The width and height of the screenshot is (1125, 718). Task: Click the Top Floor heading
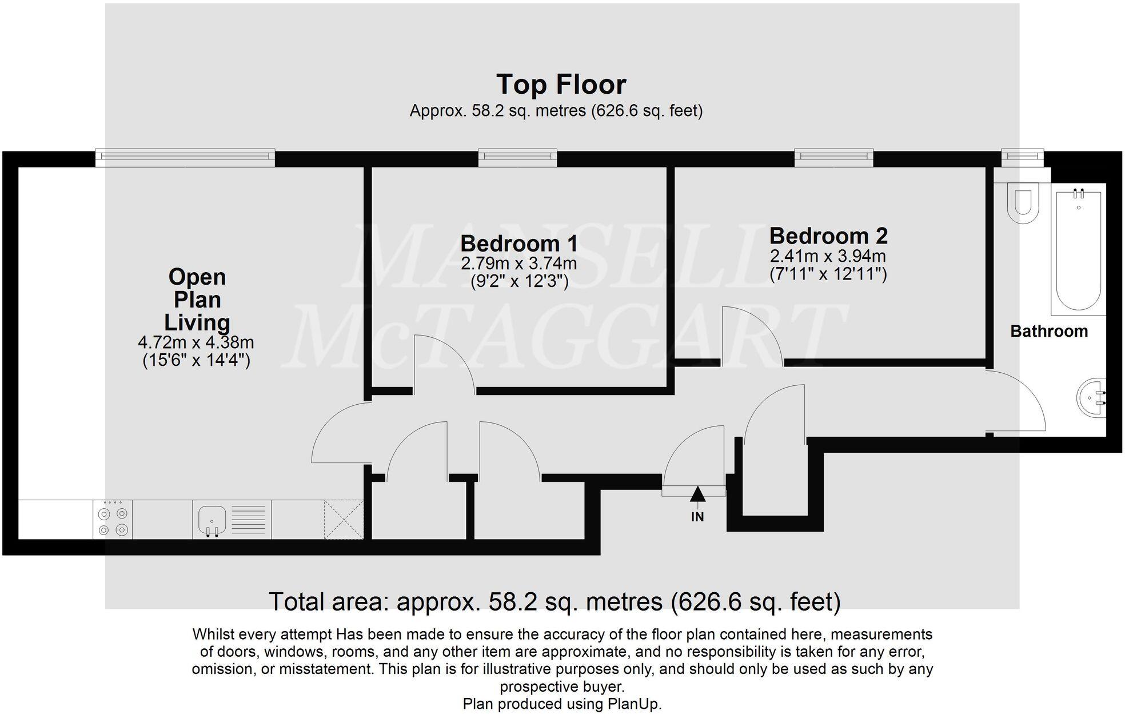point(561,85)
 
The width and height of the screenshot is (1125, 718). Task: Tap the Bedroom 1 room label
point(518,244)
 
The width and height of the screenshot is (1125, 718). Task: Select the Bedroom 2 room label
point(828,236)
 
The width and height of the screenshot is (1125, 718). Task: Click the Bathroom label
point(1048,331)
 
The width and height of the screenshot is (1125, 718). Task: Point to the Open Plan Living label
point(197,300)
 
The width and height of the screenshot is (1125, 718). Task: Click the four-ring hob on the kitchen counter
point(113,520)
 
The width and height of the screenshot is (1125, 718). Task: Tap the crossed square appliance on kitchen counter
point(344,520)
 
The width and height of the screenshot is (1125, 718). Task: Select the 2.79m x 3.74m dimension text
point(518,264)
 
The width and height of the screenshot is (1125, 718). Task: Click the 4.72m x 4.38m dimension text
point(196,342)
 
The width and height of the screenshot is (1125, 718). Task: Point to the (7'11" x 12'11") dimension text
point(828,274)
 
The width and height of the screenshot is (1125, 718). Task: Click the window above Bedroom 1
point(517,157)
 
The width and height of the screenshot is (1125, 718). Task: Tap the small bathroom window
point(1022,157)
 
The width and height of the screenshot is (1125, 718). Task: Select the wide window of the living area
point(185,158)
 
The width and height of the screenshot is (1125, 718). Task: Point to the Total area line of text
point(554,601)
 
